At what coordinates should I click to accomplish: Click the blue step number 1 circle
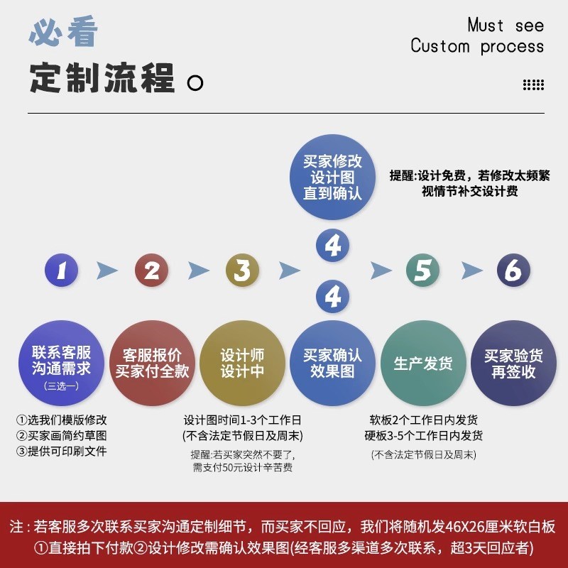62,271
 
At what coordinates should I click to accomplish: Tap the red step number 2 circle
152,271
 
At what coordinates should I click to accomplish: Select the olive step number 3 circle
242,271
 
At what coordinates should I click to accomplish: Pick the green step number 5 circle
422,271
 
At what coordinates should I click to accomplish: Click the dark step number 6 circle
513,271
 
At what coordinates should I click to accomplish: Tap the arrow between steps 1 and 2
106,271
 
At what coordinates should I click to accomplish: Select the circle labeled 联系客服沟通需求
61,363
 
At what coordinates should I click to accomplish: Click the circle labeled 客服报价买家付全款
152,363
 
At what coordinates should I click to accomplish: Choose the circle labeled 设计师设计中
242,363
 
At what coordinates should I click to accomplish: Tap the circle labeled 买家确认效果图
332,363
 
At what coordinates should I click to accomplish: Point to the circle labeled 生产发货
423,363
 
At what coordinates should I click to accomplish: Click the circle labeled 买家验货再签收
513,363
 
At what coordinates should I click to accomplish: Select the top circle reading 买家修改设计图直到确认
332,177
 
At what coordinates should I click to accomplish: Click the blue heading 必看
63,33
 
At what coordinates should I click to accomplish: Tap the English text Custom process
477,47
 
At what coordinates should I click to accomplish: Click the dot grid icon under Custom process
533,85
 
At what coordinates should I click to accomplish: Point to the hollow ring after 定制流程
195,83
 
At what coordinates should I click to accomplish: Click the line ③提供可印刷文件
62,451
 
